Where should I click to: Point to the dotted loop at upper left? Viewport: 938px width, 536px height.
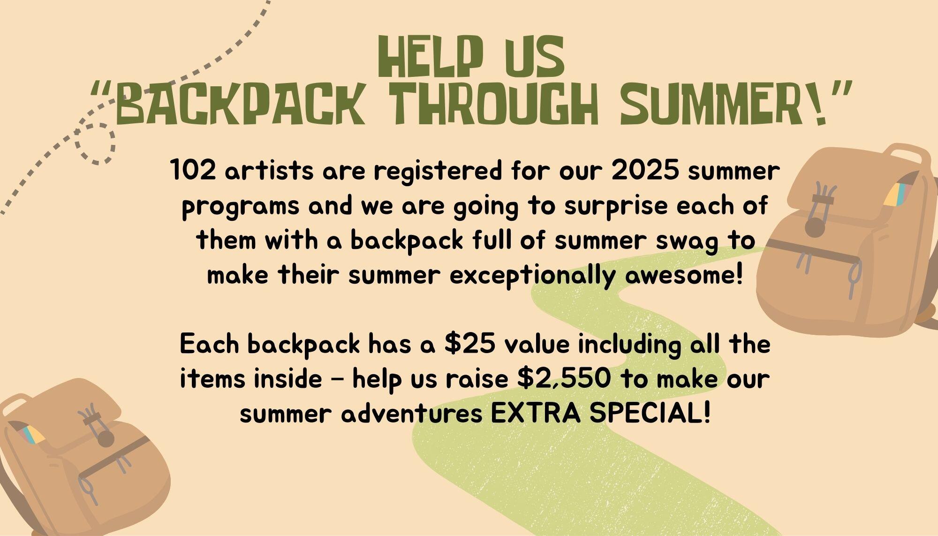pyautogui.click(x=95, y=143)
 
